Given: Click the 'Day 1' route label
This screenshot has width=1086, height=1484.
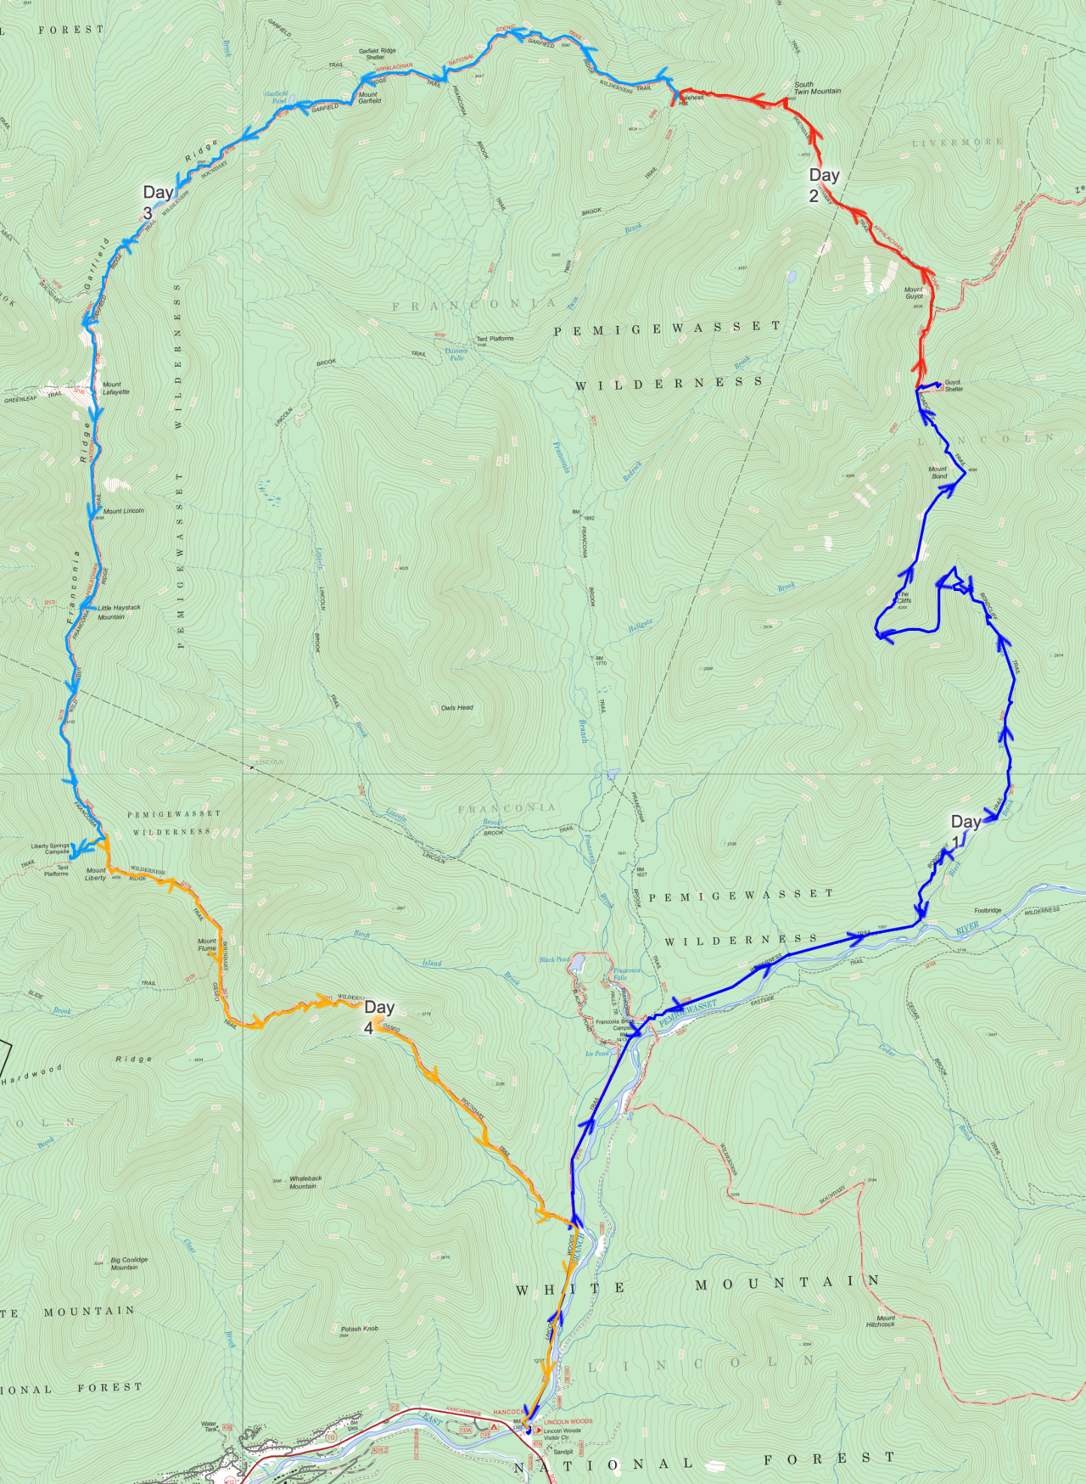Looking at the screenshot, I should pos(965,829).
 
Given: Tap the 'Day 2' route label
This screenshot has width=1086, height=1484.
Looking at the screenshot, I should pos(823,184).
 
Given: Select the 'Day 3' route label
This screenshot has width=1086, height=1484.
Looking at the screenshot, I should pos(157,201).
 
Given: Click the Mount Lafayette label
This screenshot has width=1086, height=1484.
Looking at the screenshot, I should pos(115,388).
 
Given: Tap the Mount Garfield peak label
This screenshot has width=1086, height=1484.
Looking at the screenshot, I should pos(369,98).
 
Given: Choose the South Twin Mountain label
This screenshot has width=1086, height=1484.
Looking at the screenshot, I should pos(817,87).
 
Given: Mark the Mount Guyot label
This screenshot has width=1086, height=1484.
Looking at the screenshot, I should pos(913,293).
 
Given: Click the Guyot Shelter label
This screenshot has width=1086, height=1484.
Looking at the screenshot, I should pos(954,385).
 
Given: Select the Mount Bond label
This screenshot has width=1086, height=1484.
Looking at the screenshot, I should pos(938,472).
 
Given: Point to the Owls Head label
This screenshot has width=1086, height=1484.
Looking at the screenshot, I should pos(456,707).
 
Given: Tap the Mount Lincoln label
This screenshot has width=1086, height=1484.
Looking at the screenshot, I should pos(123,511).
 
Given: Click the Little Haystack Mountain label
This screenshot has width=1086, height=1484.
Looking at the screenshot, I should pos(119,612).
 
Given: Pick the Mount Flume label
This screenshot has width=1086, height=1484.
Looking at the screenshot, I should pos(207,944).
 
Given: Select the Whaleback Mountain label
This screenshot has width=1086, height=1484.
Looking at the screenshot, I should pos(305,1182).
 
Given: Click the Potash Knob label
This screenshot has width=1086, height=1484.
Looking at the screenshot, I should pos(359,1329).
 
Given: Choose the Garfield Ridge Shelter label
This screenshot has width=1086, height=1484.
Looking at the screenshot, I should pos(377,53).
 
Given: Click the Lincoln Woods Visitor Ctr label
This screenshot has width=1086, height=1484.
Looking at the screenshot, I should pos(562,1434).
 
